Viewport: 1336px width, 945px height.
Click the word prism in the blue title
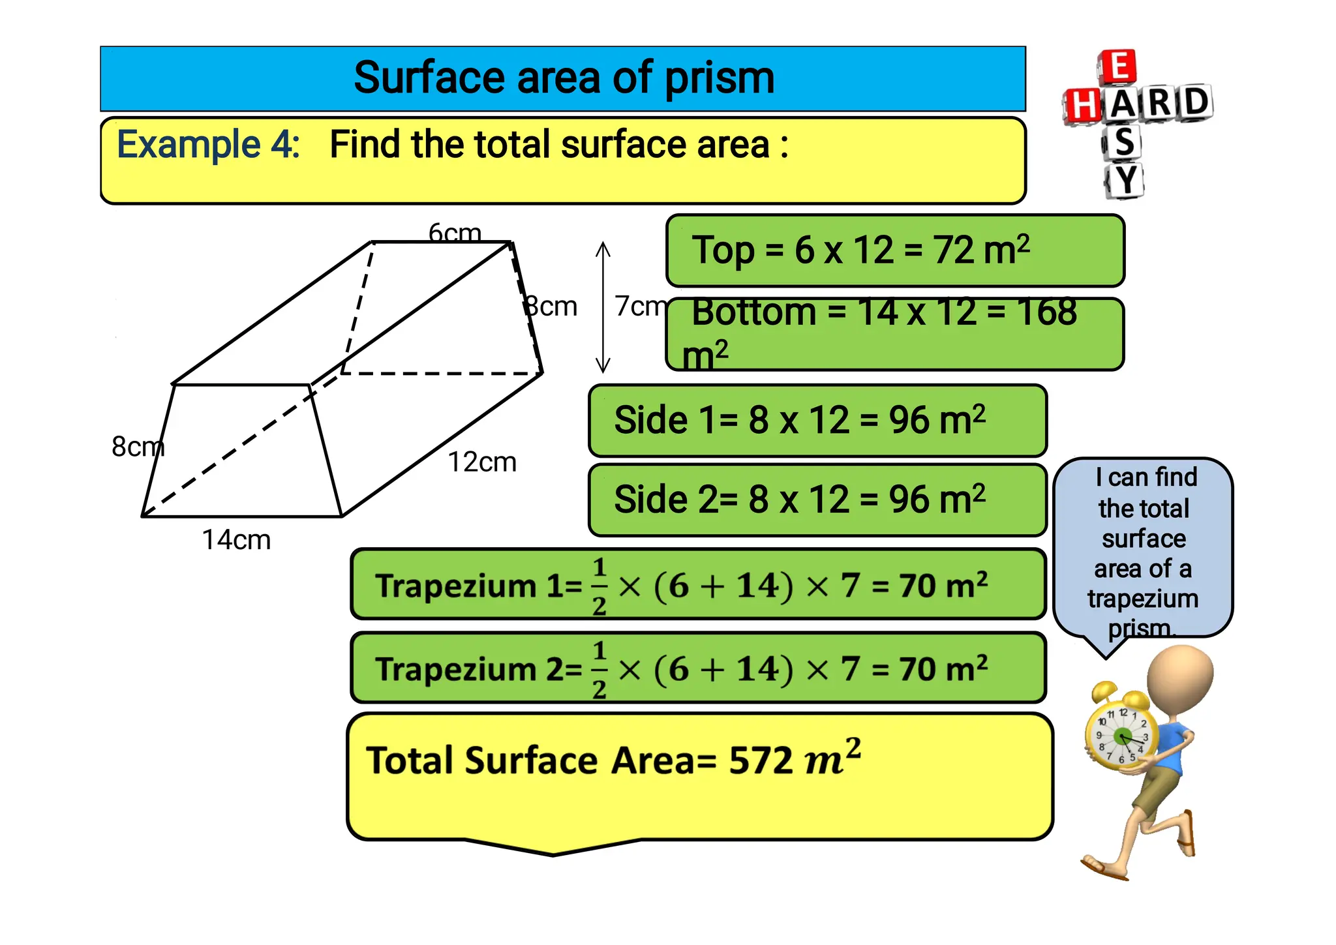[x=719, y=78]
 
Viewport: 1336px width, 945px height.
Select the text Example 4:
[x=208, y=144]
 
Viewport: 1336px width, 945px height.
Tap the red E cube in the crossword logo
[x=1117, y=67]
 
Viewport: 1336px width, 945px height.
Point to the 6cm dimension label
[x=455, y=232]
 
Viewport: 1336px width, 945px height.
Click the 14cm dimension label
[x=235, y=540]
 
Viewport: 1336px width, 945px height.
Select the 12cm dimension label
[x=481, y=462]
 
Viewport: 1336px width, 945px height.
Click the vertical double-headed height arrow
[x=603, y=307]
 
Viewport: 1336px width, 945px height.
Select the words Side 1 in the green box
[x=665, y=419]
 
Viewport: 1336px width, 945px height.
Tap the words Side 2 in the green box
[x=665, y=500]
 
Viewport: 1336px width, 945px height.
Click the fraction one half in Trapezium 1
[x=600, y=586]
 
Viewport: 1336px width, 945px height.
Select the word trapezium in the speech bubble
[x=1143, y=599]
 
